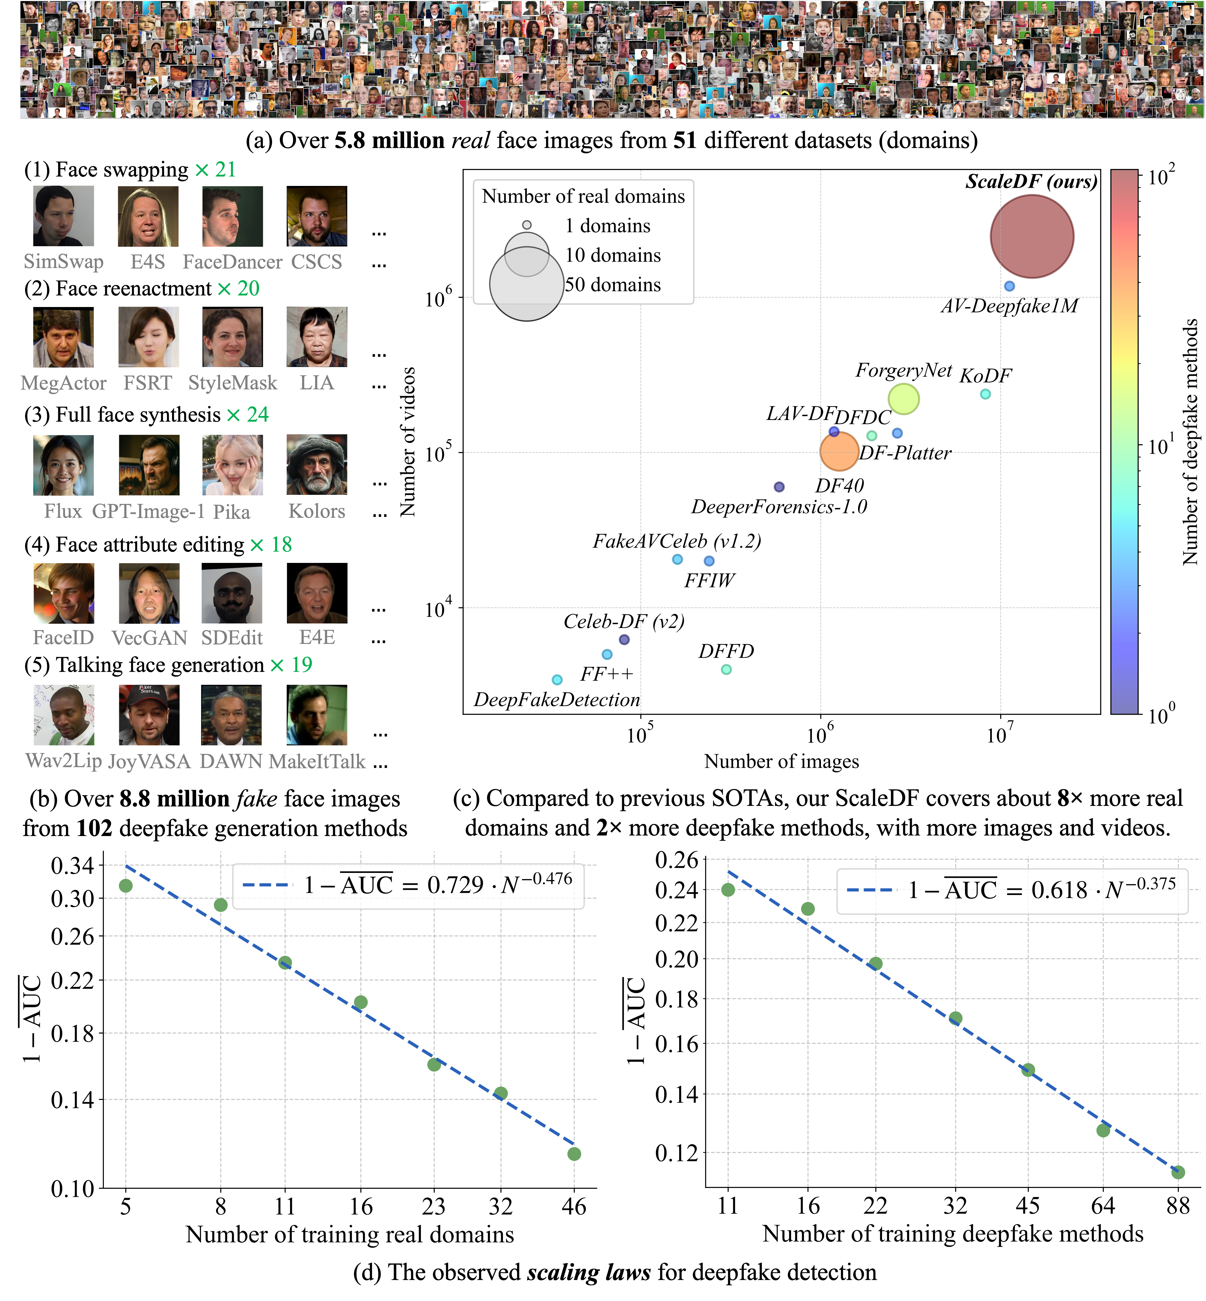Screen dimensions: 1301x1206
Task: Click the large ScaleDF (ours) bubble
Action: pos(1032,236)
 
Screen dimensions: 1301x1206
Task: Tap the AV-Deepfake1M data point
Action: pos(1009,286)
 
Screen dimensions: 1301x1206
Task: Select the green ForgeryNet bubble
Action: pos(903,399)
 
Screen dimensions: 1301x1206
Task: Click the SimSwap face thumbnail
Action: pos(63,216)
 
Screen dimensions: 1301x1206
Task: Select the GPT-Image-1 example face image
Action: pos(149,465)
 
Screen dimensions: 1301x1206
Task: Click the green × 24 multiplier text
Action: pos(247,415)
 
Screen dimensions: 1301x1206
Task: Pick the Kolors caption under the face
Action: pos(316,511)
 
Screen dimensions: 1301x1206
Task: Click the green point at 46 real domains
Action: pos(574,1154)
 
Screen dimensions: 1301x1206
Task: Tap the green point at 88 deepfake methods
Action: pos(1177,1172)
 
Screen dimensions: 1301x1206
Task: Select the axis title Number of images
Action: pos(781,761)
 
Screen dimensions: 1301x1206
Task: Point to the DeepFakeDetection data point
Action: pos(557,680)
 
